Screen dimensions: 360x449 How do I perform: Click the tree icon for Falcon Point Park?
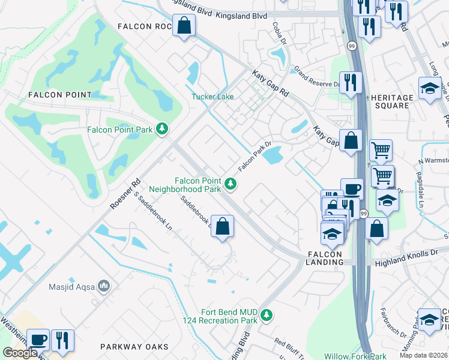click(x=161, y=129)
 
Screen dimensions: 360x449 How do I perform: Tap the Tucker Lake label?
click(x=212, y=97)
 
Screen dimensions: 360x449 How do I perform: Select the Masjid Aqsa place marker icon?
click(x=104, y=286)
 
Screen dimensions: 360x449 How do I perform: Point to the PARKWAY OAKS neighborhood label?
click(x=131, y=347)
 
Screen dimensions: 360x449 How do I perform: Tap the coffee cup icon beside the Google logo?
click(x=38, y=340)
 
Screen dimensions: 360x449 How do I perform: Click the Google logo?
click(x=19, y=352)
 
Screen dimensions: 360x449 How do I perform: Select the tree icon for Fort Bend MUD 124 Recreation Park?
click(x=267, y=314)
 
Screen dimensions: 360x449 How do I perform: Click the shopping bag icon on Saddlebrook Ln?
click(x=222, y=227)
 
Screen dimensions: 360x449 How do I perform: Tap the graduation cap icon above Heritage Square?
click(x=429, y=88)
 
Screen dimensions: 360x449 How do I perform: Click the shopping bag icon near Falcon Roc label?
click(x=184, y=26)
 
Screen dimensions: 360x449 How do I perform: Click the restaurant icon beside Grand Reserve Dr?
click(x=349, y=82)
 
